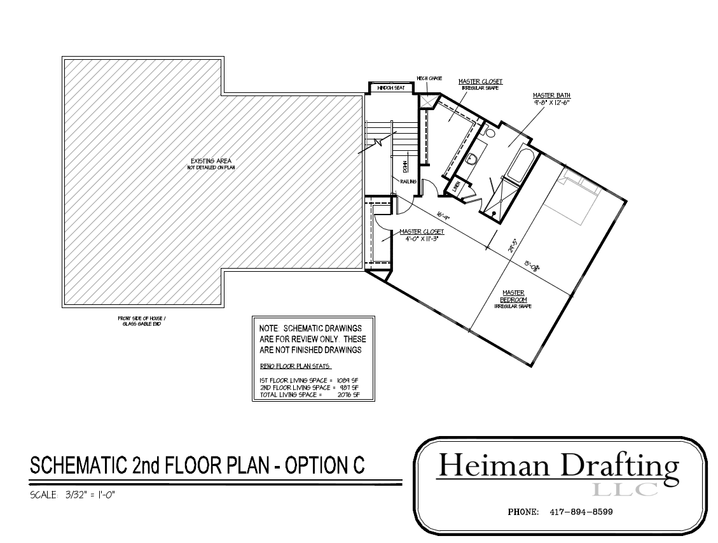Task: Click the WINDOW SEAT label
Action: click(x=390, y=88)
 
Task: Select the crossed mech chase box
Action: click(x=426, y=101)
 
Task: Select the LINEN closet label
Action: click(x=455, y=187)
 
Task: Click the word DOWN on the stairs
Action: click(x=404, y=167)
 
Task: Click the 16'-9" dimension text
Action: click(x=443, y=217)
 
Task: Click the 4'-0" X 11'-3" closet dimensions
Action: click(x=420, y=238)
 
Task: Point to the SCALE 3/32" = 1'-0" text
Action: click(x=72, y=495)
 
